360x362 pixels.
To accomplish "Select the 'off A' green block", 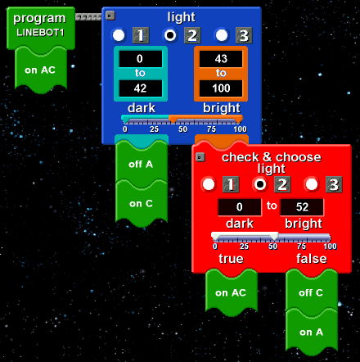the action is click(142, 165).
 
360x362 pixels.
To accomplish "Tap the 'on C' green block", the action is click(142, 203).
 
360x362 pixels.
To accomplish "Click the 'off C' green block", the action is click(311, 293).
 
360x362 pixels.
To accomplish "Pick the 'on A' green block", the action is click(311, 333).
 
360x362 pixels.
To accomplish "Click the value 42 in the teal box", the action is click(140, 88).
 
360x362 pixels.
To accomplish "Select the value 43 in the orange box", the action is click(221, 59).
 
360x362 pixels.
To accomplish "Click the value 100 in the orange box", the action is click(221, 88).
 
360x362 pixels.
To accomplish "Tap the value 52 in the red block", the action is click(302, 207).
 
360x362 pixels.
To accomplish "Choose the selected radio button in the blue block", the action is click(170, 35).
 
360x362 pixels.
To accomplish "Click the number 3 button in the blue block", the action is click(244, 35).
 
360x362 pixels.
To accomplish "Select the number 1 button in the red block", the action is click(231, 184).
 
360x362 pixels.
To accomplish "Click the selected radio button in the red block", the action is click(260, 184).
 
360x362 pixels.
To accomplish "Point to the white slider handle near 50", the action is click(274, 236).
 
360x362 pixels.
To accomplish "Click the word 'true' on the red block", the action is click(231, 259).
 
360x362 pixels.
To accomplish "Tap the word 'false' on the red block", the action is click(312, 259).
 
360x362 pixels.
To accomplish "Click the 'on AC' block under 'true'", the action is click(232, 293).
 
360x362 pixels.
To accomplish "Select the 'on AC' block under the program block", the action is click(41, 70).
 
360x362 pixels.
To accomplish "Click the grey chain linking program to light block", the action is click(88, 17).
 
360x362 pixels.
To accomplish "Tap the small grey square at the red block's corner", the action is click(200, 157).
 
